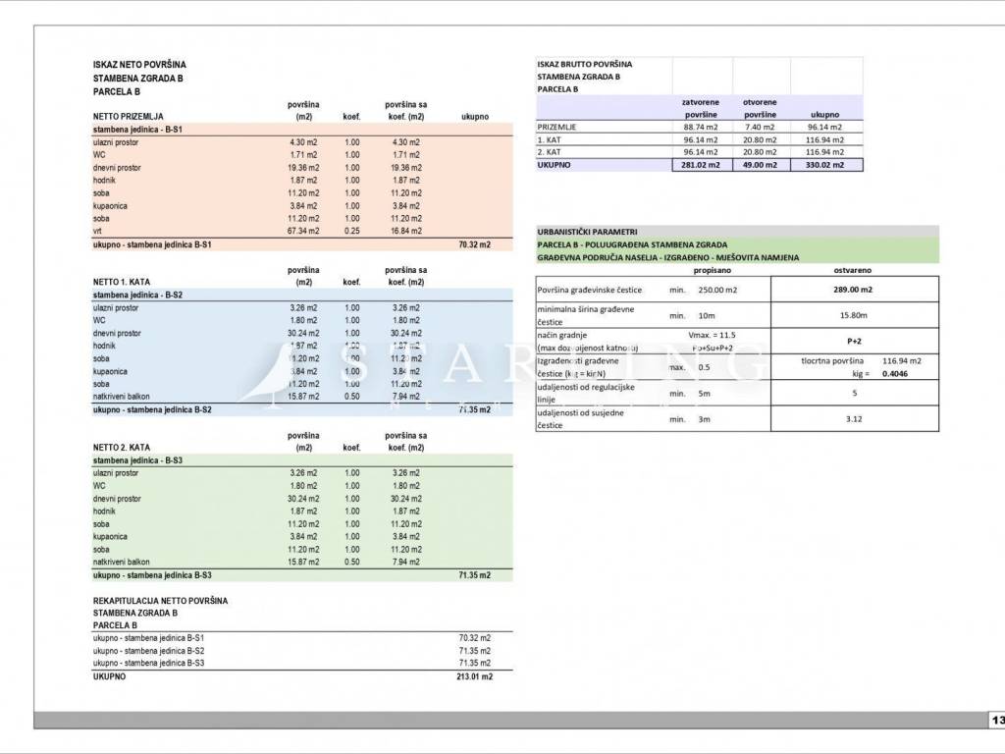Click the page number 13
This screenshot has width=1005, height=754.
click(996, 721)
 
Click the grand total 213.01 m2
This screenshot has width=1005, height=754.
click(474, 676)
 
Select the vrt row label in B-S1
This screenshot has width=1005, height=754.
click(99, 231)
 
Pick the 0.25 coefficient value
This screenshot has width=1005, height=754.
click(351, 231)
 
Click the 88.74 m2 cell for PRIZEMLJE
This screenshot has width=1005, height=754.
click(701, 127)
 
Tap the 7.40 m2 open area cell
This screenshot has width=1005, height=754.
click(760, 127)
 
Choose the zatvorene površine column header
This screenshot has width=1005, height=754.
click(701, 108)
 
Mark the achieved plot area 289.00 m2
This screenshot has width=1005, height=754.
click(853, 290)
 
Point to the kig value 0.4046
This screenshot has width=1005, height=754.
click(894, 374)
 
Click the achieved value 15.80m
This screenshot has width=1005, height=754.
click(853, 315)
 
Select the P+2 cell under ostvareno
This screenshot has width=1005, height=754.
click(853, 341)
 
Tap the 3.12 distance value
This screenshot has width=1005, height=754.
click(853, 419)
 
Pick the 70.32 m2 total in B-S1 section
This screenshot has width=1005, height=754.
click(474, 243)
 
